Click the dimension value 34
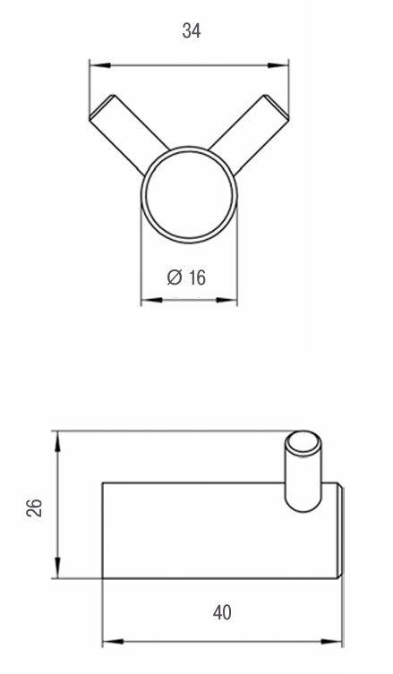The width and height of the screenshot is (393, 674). (x=192, y=31)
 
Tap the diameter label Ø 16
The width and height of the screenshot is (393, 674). (x=186, y=277)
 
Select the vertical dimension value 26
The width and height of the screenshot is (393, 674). (x=34, y=508)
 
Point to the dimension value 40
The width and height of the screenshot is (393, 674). (x=222, y=612)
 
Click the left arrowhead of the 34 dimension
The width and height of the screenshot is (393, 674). (x=99, y=65)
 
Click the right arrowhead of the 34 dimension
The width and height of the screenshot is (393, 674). (x=278, y=65)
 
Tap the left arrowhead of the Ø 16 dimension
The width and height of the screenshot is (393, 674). (x=152, y=300)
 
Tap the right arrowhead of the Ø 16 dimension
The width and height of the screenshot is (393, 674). (x=226, y=300)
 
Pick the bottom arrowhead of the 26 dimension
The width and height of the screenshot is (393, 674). (x=57, y=567)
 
